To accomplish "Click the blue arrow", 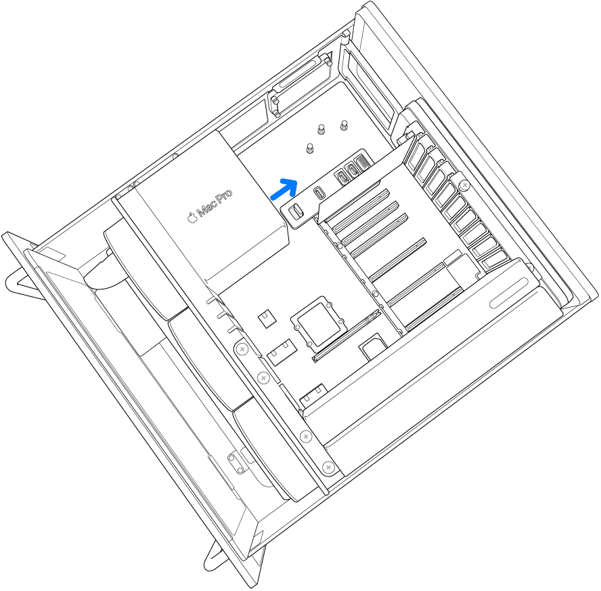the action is [284, 189].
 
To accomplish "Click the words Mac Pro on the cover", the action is [215, 203].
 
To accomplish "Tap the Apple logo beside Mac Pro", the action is [192, 217].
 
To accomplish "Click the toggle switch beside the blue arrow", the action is [296, 211].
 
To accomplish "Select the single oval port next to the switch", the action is [319, 192].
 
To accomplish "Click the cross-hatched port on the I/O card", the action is [362, 163].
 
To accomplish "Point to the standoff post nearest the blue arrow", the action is [310, 148].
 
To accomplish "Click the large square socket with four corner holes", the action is [319, 324].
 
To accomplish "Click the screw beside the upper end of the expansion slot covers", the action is [465, 185].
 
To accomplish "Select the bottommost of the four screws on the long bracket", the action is [328, 468].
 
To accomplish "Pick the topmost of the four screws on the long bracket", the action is [242, 350].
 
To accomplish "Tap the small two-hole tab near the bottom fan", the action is [236, 464].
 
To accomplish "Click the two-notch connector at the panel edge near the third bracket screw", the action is [313, 396].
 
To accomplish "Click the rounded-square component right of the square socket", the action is [373, 346].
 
